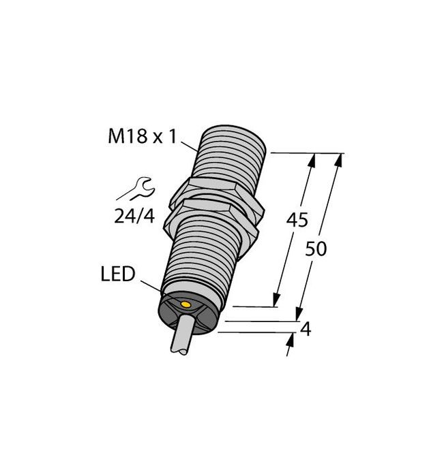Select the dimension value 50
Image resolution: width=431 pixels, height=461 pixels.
[x=316, y=249]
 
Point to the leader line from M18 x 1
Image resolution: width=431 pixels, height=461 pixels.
[x=192, y=144]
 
